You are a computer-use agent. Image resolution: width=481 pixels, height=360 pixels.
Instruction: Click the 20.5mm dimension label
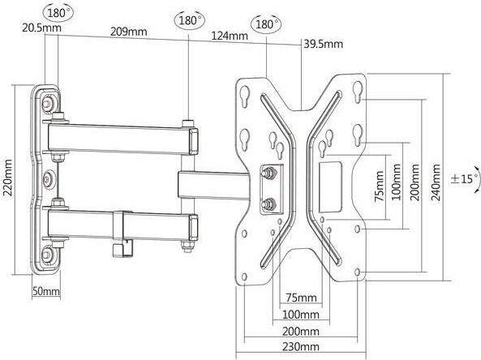click(41, 28)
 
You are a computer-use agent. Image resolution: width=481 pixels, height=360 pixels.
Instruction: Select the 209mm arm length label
click(128, 32)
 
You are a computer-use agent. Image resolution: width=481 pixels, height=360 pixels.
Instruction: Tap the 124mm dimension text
click(230, 36)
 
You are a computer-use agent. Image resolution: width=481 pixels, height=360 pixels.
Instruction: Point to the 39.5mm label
click(324, 44)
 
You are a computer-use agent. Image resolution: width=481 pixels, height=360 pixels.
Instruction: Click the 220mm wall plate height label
click(7, 178)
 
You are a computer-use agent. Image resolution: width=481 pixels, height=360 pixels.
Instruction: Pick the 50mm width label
click(46, 291)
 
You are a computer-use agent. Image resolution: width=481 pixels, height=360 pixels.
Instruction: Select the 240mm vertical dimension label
click(436, 182)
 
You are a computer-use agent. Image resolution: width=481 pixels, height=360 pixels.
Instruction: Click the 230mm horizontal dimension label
click(301, 346)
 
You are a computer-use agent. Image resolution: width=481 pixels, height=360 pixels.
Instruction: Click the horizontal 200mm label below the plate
click(301, 331)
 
